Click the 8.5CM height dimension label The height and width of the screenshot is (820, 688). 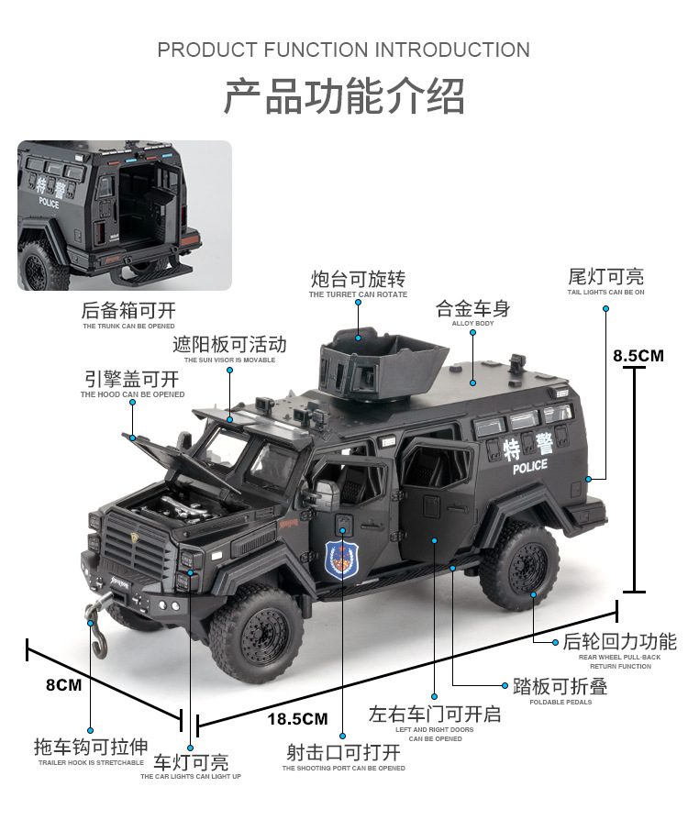(638, 355)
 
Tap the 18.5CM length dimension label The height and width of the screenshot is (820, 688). (296, 719)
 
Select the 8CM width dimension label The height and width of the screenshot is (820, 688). (63, 684)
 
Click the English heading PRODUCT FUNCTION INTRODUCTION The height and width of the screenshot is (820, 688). (343, 50)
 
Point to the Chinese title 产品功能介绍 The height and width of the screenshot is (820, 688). (344, 95)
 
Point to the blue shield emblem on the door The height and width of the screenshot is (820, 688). (341, 560)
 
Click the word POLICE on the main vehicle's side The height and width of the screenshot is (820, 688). (529, 466)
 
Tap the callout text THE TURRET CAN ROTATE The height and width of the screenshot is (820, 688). (358, 294)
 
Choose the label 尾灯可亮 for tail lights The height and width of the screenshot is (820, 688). (605, 276)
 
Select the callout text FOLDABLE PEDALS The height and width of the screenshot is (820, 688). (560, 702)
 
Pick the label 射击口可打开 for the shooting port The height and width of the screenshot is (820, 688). (343, 752)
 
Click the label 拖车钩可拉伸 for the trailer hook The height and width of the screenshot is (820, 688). (91, 747)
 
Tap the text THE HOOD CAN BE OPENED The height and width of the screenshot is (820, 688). (132, 394)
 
